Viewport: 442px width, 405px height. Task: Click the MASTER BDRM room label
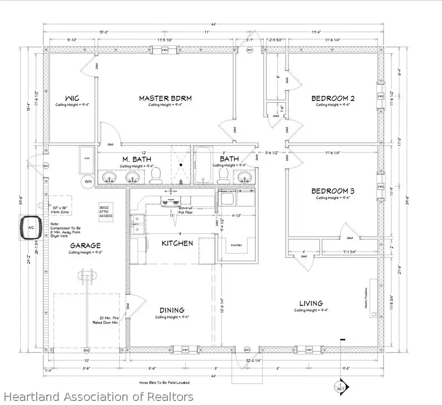(x=165, y=98)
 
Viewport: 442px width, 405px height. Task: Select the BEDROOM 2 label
(x=333, y=98)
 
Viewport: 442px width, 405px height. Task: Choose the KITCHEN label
(x=177, y=243)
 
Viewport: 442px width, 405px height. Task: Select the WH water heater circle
(x=88, y=181)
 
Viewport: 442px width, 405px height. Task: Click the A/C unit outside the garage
(x=30, y=229)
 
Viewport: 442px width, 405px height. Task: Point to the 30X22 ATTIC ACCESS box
(x=106, y=215)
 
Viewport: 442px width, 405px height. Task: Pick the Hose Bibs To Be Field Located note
(x=165, y=382)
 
